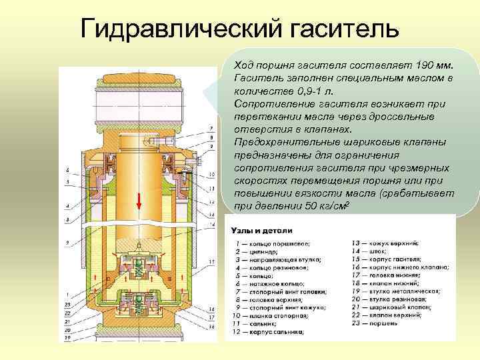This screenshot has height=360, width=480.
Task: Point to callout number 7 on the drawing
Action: point(211,127)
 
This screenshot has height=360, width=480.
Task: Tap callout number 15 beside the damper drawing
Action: point(211,263)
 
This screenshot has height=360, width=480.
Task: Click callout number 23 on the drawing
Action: point(67,305)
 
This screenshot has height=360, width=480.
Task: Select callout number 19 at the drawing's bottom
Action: point(67,337)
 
